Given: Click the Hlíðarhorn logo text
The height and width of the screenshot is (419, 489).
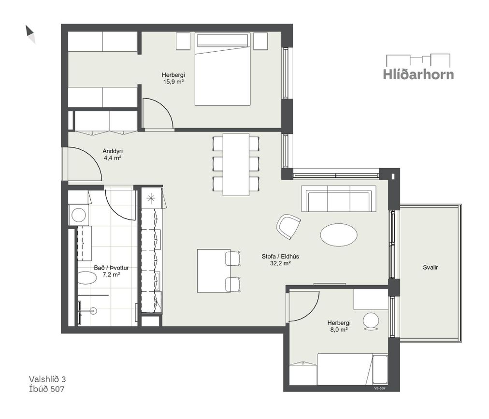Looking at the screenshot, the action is [418, 74].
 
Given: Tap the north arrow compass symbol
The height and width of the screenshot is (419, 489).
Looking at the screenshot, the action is [30, 34].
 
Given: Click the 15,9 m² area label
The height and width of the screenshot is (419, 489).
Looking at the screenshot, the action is [173, 82].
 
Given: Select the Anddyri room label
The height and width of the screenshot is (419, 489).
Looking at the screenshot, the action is [113, 151].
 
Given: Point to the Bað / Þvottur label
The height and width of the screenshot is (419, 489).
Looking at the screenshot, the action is [111, 268].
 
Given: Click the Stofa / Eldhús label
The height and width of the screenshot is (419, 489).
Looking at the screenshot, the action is [280, 257].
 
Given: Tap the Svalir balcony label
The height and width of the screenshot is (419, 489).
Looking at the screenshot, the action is [431, 267].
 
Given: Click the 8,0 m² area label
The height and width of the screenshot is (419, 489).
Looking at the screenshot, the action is [339, 330].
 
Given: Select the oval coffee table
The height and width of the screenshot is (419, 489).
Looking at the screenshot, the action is [339, 234].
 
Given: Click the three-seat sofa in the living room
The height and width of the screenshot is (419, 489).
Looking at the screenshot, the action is [339, 199].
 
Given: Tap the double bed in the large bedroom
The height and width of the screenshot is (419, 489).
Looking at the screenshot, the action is [222, 69].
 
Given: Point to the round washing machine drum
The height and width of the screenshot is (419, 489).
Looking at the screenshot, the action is [79, 215].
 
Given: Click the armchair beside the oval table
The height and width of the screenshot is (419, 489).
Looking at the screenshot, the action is [288, 227].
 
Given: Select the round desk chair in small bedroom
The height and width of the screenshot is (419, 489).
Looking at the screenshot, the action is [371, 321].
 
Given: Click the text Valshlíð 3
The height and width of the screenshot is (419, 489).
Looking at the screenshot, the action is [47, 379].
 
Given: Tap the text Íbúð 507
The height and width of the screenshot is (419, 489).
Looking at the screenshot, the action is [46, 389].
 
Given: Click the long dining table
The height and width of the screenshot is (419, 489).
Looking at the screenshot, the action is [236, 164].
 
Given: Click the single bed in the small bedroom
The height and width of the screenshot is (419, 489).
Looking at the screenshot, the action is [352, 369].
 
